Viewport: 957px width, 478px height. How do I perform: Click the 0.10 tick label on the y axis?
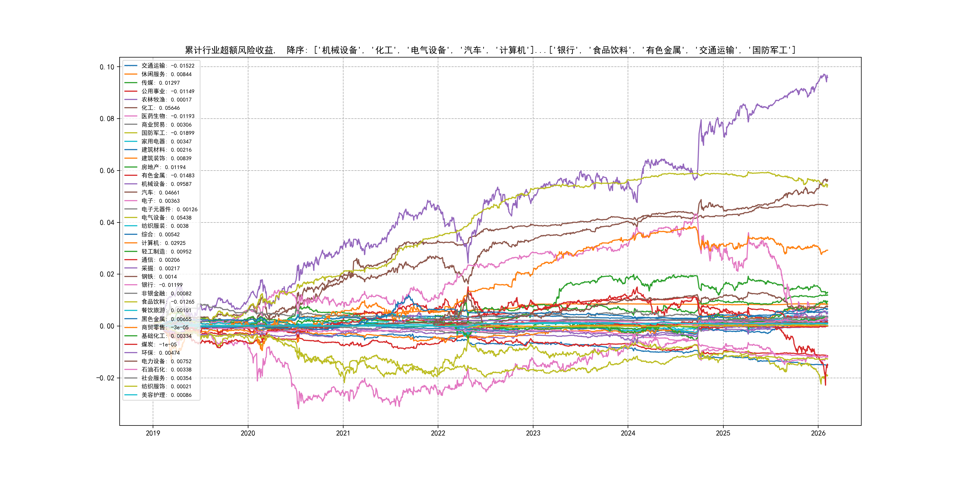coord(107,67)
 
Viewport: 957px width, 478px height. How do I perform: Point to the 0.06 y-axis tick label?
coord(107,171)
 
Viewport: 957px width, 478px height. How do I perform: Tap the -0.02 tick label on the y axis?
coord(105,378)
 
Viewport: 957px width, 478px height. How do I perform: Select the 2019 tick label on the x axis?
coord(153,433)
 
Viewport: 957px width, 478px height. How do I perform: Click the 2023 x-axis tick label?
coord(533,433)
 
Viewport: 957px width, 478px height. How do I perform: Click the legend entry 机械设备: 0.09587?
coord(166,184)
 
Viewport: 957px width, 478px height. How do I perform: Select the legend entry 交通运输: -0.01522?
coord(167,66)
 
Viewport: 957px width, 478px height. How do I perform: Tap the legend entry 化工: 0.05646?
coord(160,108)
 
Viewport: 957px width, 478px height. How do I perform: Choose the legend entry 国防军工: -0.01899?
coord(167,133)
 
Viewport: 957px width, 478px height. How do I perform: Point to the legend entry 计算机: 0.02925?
coord(163,243)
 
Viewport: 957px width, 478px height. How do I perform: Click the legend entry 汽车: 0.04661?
coord(160,193)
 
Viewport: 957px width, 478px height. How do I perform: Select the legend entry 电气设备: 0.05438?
coord(166,218)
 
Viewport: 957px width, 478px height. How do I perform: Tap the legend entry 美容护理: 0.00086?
coord(166,395)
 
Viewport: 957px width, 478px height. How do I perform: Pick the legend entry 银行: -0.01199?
coord(162,285)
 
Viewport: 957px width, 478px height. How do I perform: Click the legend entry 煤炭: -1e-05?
coord(159,344)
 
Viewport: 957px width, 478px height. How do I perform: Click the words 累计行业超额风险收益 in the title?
coord(229,50)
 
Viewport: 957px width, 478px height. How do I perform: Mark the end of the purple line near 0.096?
coord(827,78)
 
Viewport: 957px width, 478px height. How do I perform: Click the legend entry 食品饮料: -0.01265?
coord(167,302)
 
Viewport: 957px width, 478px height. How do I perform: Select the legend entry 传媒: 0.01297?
coord(160,83)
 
